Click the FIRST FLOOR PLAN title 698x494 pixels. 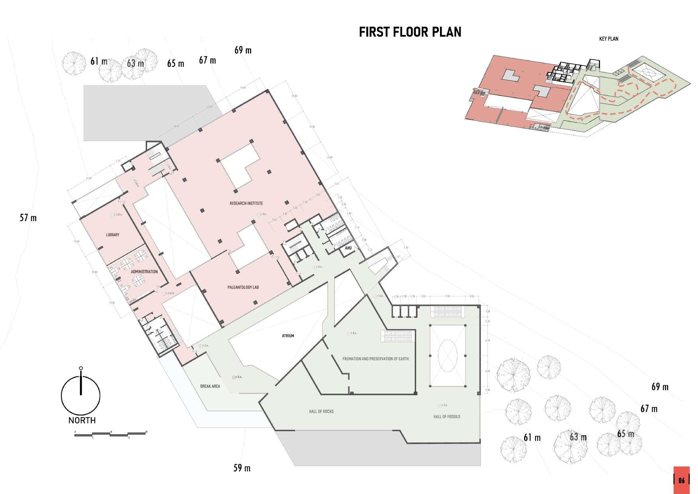click(x=410, y=32)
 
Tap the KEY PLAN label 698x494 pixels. click(x=608, y=39)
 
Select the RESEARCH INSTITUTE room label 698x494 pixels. click(x=246, y=203)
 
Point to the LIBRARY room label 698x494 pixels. click(x=113, y=235)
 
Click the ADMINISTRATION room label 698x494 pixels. click(x=144, y=272)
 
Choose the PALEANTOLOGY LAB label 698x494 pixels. click(x=243, y=287)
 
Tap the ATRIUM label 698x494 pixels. click(x=288, y=336)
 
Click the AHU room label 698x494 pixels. click(x=348, y=248)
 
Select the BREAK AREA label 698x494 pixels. click(x=210, y=386)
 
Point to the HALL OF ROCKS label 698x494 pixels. click(x=321, y=411)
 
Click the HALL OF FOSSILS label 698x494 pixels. click(x=446, y=417)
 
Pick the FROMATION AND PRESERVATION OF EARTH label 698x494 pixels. click(x=375, y=359)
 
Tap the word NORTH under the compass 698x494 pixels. click(x=82, y=420)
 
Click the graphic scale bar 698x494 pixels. click(x=111, y=434)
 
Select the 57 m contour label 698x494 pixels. click(x=28, y=218)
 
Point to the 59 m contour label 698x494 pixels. click(x=242, y=468)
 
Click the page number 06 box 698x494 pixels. click(x=681, y=480)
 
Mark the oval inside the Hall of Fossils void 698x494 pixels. click(x=447, y=355)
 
